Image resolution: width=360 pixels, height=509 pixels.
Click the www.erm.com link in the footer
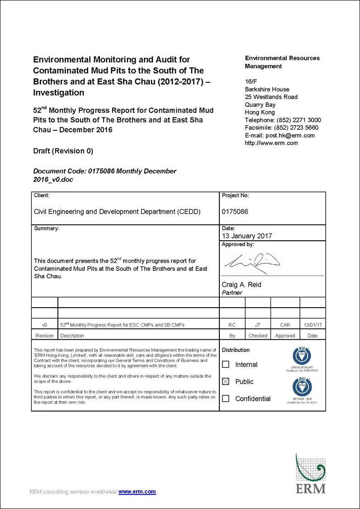pyautogui.click(x=137, y=491)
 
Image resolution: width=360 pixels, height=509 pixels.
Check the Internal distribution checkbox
pyautogui.click(x=226, y=364)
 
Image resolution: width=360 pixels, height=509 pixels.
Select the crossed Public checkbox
pyautogui.click(x=226, y=381)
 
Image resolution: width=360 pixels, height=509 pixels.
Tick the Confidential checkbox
pyautogui.click(x=226, y=399)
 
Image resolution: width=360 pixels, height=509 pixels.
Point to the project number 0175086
pyautogui.click(x=235, y=211)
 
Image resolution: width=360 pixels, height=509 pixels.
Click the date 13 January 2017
pyautogui.click(x=247, y=236)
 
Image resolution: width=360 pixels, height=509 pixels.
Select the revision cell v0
pyautogui.click(x=44, y=325)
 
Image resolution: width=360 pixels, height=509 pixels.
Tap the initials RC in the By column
pyautogui.click(x=232, y=325)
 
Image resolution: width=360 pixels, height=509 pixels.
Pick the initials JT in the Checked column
pyautogui.click(x=258, y=325)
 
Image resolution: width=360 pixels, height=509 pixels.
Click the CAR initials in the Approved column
pyautogui.click(x=285, y=325)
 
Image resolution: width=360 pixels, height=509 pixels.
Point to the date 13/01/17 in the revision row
pyautogui.click(x=313, y=325)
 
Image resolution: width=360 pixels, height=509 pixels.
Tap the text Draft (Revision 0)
pyautogui.click(x=63, y=151)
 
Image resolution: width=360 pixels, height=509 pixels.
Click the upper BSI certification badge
pyautogui.click(x=302, y=357)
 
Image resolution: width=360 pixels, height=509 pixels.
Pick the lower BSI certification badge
pyautogui.click(x=302, y=387)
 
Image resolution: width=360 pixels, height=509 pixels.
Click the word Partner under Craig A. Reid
pyautogui.click(x=232, y=293)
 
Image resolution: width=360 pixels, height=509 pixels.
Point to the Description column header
pyautogui.click(x=72, y=336)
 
